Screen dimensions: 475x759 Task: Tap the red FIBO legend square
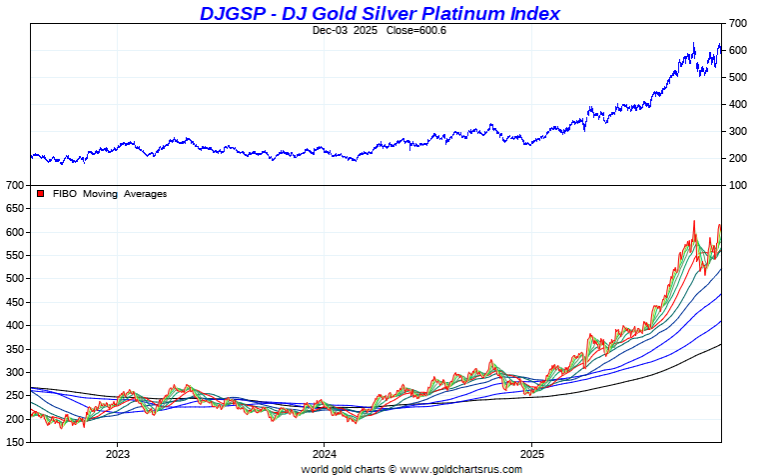coord(41,194)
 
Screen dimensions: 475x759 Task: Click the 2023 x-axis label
coord(118,452)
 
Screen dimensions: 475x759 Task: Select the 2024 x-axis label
coord(325,452)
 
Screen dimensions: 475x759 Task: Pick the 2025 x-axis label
coord(532,452)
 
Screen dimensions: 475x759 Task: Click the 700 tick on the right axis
coord(737,23)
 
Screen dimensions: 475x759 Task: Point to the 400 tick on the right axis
coord(737,104)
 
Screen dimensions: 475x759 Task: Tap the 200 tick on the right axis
coord(737,158)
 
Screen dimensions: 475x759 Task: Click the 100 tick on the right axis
coord(737,185)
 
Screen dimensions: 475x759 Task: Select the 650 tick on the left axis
coord(14,209)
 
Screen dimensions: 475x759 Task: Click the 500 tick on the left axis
coord(14,279)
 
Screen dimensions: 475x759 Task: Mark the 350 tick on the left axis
coord(14,349)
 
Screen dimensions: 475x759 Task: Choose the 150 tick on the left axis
coord(14,442)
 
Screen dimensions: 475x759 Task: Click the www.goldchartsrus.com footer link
coord(461,468)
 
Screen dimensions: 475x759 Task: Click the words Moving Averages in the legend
coord(125,194)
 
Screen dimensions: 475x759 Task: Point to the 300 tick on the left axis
coord(14,372)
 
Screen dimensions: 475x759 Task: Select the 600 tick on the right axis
coord(737,50)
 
